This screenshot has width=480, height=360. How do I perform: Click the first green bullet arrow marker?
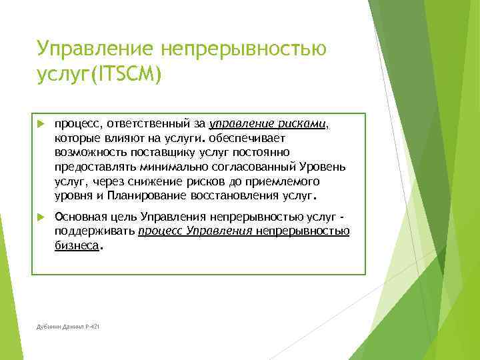[40, 124]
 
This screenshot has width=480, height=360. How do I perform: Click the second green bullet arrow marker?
[40, 217]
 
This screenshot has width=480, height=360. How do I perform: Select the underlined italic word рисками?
[304, 123]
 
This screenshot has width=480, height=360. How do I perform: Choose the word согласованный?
[265, 167]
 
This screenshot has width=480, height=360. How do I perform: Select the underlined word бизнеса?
[77, 245]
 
